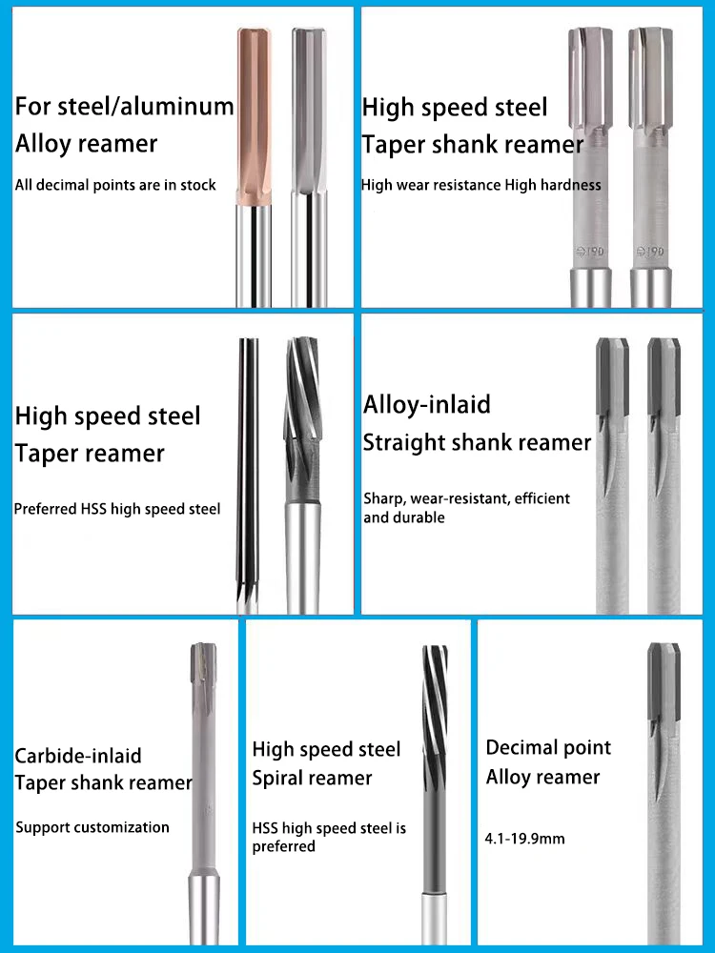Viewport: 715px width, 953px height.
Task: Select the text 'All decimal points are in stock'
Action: [x=115, y=185]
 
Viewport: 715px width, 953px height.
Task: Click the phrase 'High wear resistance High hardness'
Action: [x=481, y=185]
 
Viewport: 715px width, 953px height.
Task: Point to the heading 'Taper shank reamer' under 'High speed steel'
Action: [x=472, y=145]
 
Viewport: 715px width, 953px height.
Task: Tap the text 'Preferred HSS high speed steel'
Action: [x=117, y=509]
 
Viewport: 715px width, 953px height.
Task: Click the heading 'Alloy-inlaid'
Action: [x=427, y=404]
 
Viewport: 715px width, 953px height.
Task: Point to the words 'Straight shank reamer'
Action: [x=478, y=443]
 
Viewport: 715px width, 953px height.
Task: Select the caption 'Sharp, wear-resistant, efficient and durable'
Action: [x=466, y=508]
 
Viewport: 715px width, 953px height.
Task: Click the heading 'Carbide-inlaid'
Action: [x=78, y=756]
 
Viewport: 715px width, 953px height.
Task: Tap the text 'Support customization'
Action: [x=92, y=827]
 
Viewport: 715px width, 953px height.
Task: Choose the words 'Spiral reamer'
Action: [x=312, y=779]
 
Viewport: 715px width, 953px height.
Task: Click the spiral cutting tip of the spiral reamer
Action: [x=435, y=686]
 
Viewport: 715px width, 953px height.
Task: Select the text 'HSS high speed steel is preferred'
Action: [x=329, y=837]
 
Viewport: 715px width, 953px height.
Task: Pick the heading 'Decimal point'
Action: [x=548, y=747]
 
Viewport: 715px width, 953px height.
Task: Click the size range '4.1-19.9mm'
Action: [x=525, y=839]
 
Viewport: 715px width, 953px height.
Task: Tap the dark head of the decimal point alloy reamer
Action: [x=663, y=681]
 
